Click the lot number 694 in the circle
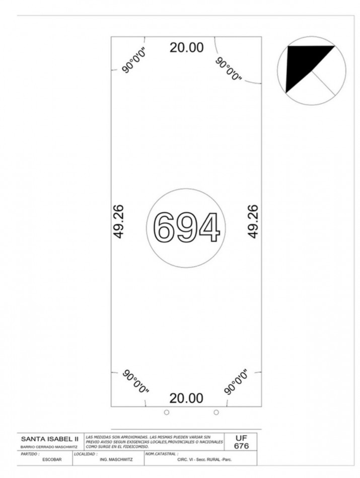[x=186, y=227]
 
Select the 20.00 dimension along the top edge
[x=186, y=48]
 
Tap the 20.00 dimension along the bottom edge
[x=186, y=398]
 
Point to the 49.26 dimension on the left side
[x=118, y=221]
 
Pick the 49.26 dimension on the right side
[x=253, y=221]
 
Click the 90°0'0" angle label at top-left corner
[x=134, y=60]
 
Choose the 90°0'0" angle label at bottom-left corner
[x=135, y=381]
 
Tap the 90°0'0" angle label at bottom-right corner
[x=236, y=382]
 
